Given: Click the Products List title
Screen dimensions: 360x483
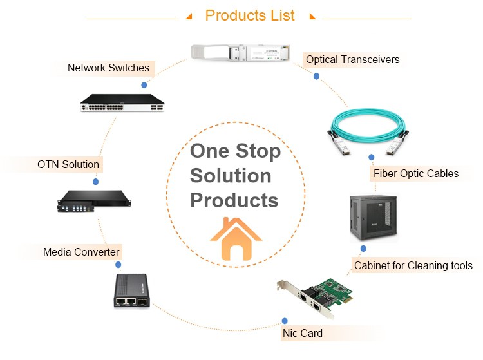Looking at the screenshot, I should [250, 15].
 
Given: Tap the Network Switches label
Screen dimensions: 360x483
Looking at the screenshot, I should [108, 68].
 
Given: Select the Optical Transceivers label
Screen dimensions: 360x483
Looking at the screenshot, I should [352, 60].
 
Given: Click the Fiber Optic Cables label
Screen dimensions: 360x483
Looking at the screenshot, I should [416, 173].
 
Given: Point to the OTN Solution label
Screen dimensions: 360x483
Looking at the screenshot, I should [68, 164].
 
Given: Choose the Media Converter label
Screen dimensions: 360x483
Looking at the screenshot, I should [81, 252].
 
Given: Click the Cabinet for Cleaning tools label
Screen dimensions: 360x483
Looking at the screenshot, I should [413, 265].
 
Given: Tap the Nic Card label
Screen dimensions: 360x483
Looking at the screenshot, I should [302, 333].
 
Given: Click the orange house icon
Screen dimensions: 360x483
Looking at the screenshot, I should [236, 239].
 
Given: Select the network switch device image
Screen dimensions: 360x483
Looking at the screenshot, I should [122, 102].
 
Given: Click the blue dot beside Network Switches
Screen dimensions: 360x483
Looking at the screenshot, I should [144, 84].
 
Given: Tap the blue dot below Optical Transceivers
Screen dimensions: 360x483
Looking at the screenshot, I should [316, 76].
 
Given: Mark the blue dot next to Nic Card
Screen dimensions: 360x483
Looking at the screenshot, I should [285, 321].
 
